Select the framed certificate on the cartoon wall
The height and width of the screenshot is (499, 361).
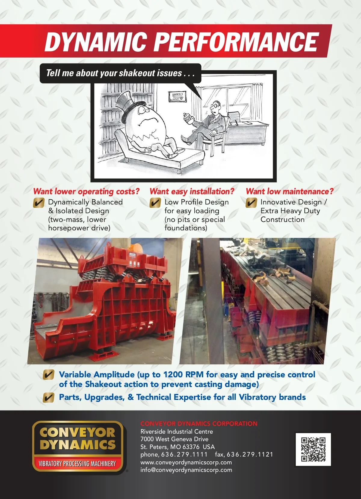177,96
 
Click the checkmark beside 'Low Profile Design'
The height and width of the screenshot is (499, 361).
155,203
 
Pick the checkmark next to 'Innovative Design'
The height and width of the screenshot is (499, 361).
251,203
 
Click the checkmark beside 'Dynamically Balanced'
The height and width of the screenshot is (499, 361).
39,203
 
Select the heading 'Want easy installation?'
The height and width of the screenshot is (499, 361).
192,191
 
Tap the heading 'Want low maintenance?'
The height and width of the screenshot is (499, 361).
290,191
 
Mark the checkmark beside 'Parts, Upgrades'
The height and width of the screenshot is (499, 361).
48,398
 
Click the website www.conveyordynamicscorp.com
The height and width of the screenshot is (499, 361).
186,462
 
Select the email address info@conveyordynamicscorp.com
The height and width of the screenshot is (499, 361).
186,470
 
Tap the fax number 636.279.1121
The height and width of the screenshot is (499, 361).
250,454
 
